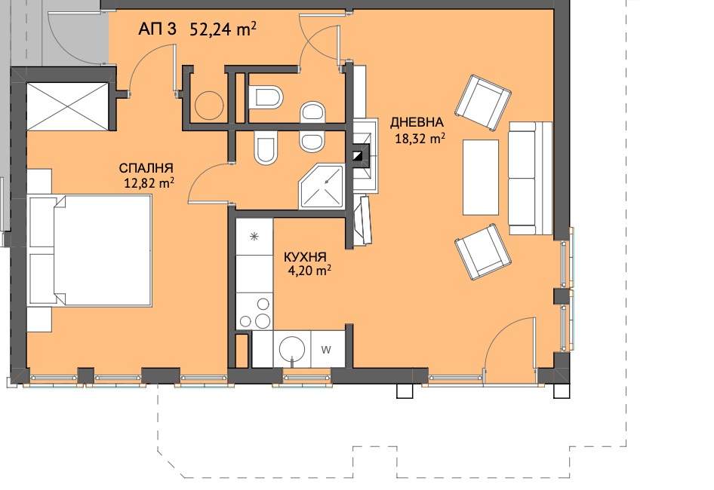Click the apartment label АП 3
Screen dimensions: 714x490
pyautogui.click(x=157, y=29)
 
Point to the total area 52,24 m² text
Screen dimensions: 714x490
pyautogui.click(x=223, y=29)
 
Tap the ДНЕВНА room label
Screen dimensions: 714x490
pyautogui.click(x=417, y=122)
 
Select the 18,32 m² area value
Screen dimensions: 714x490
pyautogui.click(x=420, y=138)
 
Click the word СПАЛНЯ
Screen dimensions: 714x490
pyautogui.click(x=146, y=168)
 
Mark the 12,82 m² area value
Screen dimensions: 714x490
pyautogui.click(x=149, y=183)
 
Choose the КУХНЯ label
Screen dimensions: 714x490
pyautogui.click(x=305, y=257)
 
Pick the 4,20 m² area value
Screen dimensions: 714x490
pyautogui.click(x=309, y=271)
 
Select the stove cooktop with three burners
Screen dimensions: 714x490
pyautogui.click(x=254, y=311)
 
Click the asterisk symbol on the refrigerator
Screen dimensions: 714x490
pyautogui.click(x=254, y=236)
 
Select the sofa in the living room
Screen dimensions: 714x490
pyautogui.click(x=530, y=179)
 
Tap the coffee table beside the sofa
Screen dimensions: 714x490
pyautogui.click(x=480, y=177)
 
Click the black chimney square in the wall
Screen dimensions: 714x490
pyautogui.click(x=360, y=156)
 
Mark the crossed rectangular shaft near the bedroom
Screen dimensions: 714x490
pyautogui.click(x=67, y=106)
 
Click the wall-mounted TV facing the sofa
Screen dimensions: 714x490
pyautogui.click(x=365, y=221)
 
